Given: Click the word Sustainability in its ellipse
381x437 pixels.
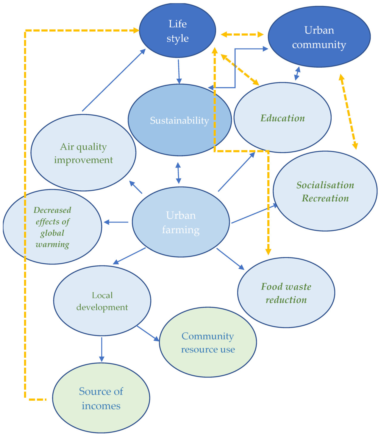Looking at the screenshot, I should tap(179, 120).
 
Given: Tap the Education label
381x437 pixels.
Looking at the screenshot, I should tap(282, 118).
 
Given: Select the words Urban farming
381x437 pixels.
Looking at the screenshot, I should tap(181, 222).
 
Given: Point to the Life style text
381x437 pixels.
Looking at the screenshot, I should tap(178, 31).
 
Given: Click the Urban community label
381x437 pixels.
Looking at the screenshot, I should tap(319, 37).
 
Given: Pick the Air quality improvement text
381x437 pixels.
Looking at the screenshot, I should tap(83, 153).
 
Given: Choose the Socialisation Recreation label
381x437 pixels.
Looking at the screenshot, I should tap(325, 191).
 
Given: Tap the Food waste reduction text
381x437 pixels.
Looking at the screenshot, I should tap(286, 293).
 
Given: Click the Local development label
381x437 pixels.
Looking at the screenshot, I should tap(102, 301).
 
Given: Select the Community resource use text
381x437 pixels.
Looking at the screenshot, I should tap(208, 343).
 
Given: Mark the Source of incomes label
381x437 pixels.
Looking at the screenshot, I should tap(101, 398).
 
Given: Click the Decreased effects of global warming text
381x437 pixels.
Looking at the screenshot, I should tap(52, 227).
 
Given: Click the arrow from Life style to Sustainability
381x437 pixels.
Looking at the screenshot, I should tap(179, 71).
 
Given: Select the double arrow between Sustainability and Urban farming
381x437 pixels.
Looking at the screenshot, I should tap(178, 173).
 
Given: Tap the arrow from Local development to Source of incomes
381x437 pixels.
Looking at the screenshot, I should tap(102, 349).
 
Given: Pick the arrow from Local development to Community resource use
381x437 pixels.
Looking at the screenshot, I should tap(148, 334).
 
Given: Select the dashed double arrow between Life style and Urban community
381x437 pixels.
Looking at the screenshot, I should tap(242, 35).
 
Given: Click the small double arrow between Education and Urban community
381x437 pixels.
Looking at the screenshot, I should tap(297, 74).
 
